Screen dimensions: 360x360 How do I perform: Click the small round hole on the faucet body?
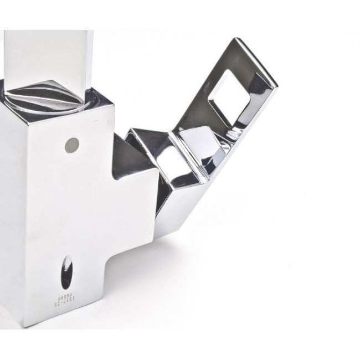(71, 145)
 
